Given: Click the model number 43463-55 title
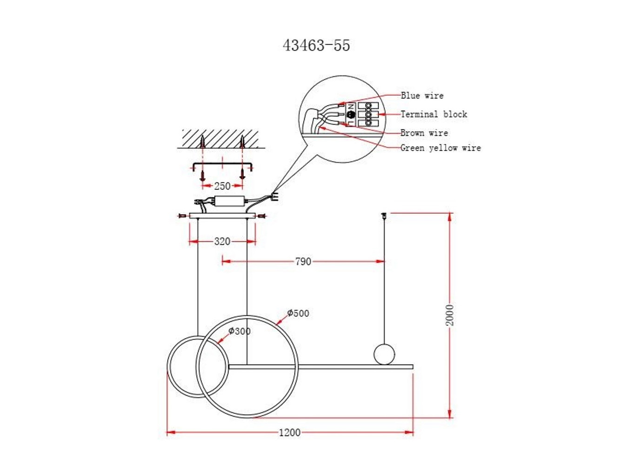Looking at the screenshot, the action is click(316, 46).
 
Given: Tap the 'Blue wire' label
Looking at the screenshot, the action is click(422, 95).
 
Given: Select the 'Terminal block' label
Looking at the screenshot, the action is click(434, 114).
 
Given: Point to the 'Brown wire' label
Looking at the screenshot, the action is click(424, 133).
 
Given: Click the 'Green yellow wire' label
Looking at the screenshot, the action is click(441, 148).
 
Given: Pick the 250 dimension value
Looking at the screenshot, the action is click(222, 186).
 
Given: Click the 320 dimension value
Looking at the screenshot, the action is click(222, 242).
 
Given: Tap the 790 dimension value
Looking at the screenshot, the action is click(303, 262).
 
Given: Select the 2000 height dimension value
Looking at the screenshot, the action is click(450, 315).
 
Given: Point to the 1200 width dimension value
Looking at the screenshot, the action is click(290, 432).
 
